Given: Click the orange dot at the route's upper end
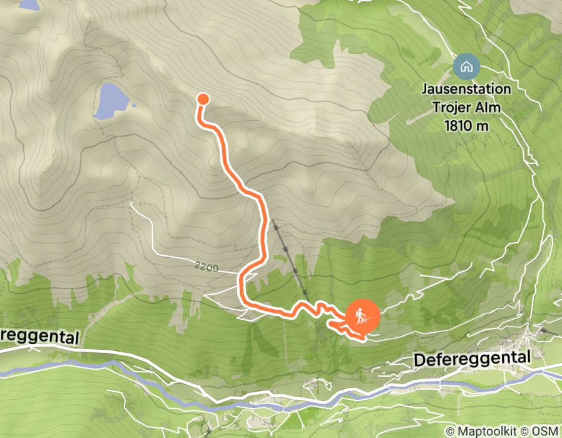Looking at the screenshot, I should pos(203,98).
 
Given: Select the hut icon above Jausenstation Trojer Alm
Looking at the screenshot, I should pos(466,66).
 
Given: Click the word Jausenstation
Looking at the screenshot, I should pos(466,89).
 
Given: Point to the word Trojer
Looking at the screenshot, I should pos(452,107).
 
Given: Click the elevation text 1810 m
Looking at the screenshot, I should pos(466,125).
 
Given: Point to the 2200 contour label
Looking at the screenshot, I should pos(206,268).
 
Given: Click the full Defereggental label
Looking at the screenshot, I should pos(472,359).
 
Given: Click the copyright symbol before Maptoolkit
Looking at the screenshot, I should pos(450,431).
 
